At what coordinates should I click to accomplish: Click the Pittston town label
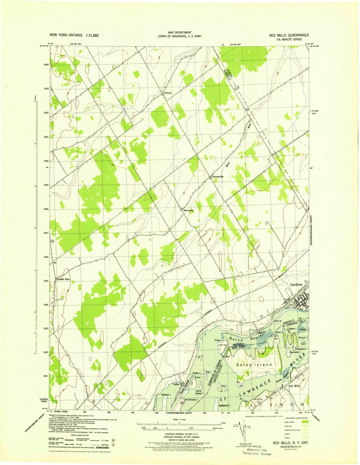(x=168, y=93)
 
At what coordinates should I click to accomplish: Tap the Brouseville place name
(x=218, y=176)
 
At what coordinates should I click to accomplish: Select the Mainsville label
(x=189, y=210)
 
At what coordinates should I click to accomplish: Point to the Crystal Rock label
(x=64, y=279)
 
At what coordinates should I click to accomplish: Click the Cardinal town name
(x=296, y=285)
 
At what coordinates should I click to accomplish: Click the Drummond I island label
(x=190, y=400)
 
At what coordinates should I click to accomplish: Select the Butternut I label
(x=225, y=405)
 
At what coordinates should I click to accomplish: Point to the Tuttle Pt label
(x=177, y=384)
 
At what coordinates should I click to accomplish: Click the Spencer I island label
(x=166, y=395)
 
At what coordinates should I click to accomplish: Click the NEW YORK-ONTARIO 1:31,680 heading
(x=74, y=35)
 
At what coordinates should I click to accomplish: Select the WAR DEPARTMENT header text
(x=179, y=33)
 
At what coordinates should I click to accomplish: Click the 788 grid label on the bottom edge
(x=156, y=412)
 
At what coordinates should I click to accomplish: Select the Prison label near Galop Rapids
(x=218, y=340)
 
